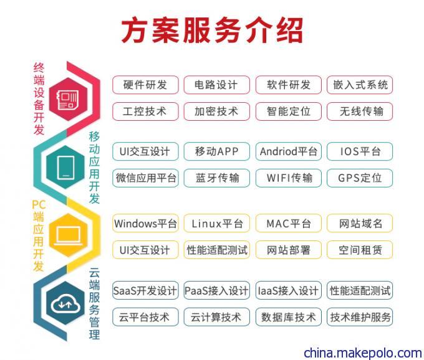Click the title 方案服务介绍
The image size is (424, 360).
[212, 31]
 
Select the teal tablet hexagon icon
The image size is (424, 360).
[65, 167]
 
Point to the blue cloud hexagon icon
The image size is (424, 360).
[65, 303]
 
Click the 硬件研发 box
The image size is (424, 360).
[145, 85]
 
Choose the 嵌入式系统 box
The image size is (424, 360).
[360, 85]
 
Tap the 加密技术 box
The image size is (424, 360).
[216, 111]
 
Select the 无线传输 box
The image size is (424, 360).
[360, 111]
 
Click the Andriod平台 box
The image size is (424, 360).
[289, 151]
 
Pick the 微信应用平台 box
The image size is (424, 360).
[145, 178]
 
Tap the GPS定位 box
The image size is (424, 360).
[360, 178]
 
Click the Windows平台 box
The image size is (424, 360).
[145, 224]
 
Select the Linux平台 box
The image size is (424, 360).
[216, 224]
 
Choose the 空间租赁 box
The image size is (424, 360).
[360, 250]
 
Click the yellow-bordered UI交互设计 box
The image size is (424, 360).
[145, 250]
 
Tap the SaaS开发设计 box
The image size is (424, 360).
[145, 291]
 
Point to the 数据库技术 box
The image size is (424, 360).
[289, 317]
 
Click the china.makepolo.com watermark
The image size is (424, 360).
[363, 353]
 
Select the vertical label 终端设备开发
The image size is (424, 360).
[39, 98]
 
